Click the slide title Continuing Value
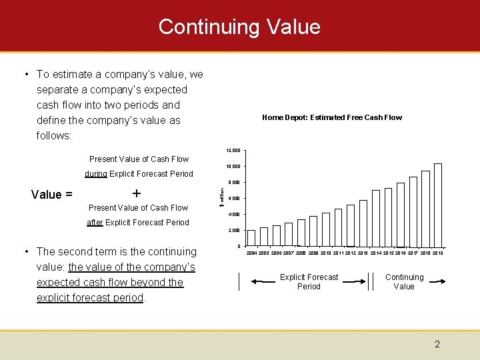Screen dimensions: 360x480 (239, 27)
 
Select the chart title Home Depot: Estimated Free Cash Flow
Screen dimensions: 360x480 (332, 117)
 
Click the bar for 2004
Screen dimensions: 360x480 (251, 239)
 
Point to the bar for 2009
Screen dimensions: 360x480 (313, 231)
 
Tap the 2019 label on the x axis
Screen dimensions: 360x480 (438, 253)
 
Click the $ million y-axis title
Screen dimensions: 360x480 (222, 198)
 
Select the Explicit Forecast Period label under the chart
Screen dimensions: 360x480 (309, 282)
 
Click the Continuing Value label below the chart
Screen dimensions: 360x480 (404, 282)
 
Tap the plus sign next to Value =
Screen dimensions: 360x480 (137, 193)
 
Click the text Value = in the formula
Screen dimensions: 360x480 (52, 195)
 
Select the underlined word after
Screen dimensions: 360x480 (95, 223)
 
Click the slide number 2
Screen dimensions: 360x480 (437, 345)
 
